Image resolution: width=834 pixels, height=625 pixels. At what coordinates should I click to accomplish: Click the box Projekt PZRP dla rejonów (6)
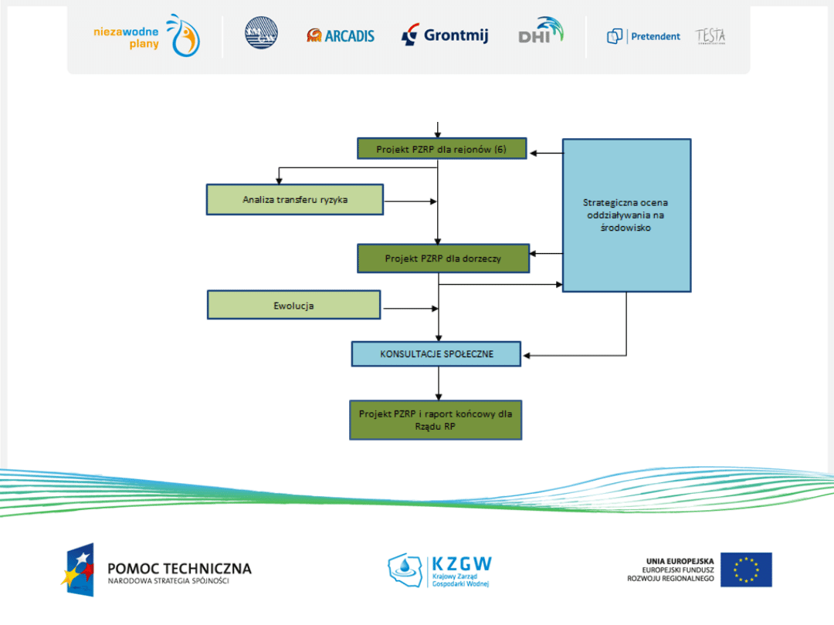tap(442, 149)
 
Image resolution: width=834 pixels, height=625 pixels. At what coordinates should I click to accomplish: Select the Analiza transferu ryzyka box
tap(295, 199)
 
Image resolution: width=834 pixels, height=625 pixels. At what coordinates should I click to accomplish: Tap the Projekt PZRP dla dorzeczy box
tap(443, 258)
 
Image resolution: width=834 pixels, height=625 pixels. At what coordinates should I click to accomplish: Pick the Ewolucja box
tap(294, 305)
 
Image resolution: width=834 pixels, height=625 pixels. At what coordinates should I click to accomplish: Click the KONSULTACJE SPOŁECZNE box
tap(436, 354)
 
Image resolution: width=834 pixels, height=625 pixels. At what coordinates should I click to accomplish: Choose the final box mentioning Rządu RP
tap(436, 420)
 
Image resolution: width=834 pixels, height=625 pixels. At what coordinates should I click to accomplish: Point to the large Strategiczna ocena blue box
tap(626, 215)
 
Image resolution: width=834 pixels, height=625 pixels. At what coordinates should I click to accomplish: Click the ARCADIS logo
tap(341, 35)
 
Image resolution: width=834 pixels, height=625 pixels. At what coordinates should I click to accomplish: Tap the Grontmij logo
tap(445, 35)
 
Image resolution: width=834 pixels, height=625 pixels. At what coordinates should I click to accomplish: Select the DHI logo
tap(541, 32)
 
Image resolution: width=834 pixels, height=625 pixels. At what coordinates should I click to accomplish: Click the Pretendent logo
tap(644, 36)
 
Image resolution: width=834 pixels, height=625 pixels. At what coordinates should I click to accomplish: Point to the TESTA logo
tap(710, 36)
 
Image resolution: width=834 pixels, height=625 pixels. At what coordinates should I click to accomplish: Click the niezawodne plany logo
tap(147, 36)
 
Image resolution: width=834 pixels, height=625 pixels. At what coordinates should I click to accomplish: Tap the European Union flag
tap(746, 569)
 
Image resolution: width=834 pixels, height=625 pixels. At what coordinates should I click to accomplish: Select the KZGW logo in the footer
tap(439, 570)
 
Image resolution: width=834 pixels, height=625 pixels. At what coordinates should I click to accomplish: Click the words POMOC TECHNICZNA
tap(179, 569)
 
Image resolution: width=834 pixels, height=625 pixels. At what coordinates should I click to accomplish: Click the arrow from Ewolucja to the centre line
tap(410, 309)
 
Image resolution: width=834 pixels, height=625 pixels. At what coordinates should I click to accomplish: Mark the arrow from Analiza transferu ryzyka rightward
tap(410, 202)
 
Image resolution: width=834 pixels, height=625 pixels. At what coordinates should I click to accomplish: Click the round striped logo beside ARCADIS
tap(261, 34)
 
